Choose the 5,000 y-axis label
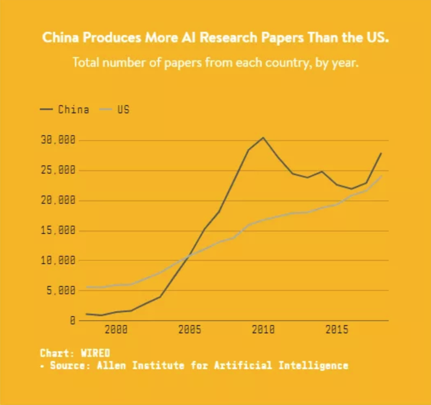point(61,291)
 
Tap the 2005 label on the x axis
point(190,330)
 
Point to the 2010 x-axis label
point(263,330)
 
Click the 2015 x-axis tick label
point(337,330)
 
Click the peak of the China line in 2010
point(263,138)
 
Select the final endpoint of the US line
point(381,176)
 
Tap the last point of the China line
point(381,153)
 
